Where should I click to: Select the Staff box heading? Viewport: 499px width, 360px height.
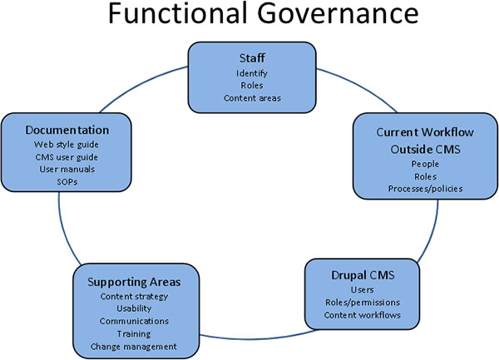[x=250, y=58]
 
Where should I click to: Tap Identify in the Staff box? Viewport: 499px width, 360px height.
[x=250, y=72]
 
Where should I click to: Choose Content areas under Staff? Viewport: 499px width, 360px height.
[x=250, y=98]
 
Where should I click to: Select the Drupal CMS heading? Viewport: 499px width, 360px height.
[x=362, y=275]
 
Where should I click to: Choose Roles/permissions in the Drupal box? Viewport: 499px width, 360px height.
[x=362, y=303]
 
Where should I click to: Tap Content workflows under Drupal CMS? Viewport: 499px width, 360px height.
[x=362, y=315]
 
